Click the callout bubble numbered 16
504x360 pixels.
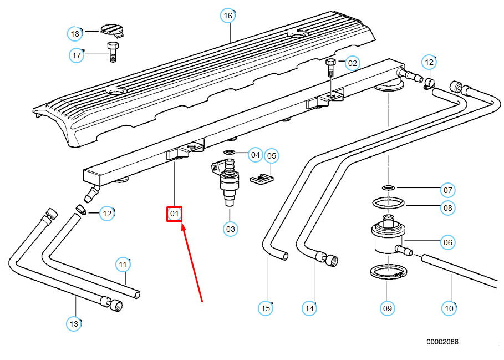coord(228,16)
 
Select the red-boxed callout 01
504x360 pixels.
coord(175,214)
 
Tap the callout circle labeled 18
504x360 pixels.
coord(75,34)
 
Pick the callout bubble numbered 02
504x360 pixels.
coord(352,63)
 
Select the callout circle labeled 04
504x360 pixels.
coord(255,155)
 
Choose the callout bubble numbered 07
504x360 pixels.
coord(447,190)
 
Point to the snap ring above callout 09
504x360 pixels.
coord(386,273)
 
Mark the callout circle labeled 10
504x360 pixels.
coord(449,307)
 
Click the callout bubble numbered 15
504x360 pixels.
coord(266,308)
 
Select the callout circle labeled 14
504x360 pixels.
coord(309,308)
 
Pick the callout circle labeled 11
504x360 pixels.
coord(123,265)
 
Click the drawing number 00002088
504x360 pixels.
coord(442,342)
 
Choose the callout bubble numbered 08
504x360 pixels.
coord(447,208)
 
